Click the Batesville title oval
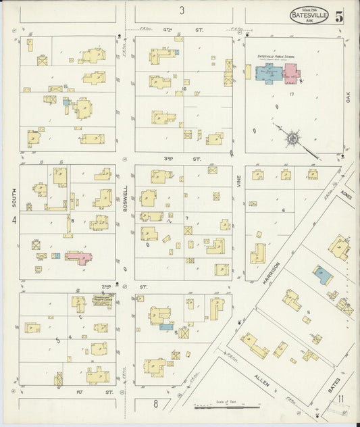tap(309, 16)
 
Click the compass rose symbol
tap(292, 139)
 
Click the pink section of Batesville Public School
tap(291, 72)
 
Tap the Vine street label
tap(238, 180)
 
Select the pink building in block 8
tap(79, 257)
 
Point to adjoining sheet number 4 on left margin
tap(13, 220)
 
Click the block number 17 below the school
tap(291, 95)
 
